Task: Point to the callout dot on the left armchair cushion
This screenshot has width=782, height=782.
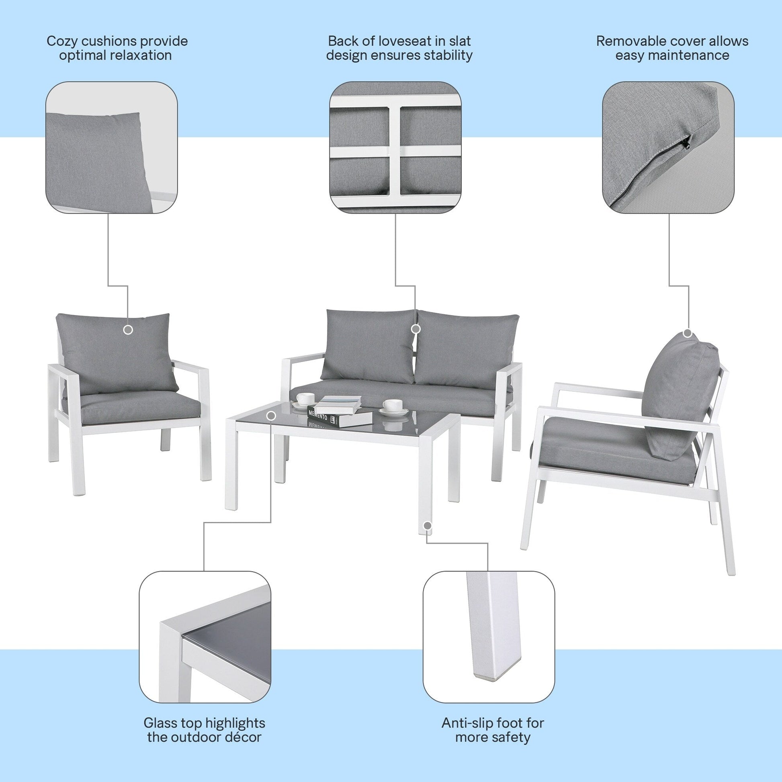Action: coord(128,330)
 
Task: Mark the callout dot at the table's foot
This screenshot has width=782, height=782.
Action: coord(427,526)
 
